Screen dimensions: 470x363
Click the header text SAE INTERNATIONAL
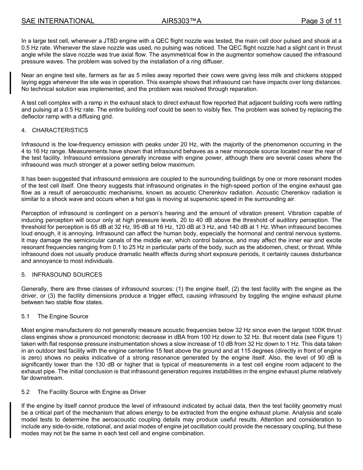point(58,21)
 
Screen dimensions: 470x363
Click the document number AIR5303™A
point(181,21)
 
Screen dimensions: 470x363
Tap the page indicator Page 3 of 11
point(321,21)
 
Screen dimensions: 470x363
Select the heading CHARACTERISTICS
point(60,130)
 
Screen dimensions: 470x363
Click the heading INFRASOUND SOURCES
point(67,275)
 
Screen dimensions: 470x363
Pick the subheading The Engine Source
point(63,316)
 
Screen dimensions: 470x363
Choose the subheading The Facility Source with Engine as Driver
point(92,392)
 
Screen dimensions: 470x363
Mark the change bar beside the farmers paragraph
point(10,82)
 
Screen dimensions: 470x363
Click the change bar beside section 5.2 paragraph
point(10,420)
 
